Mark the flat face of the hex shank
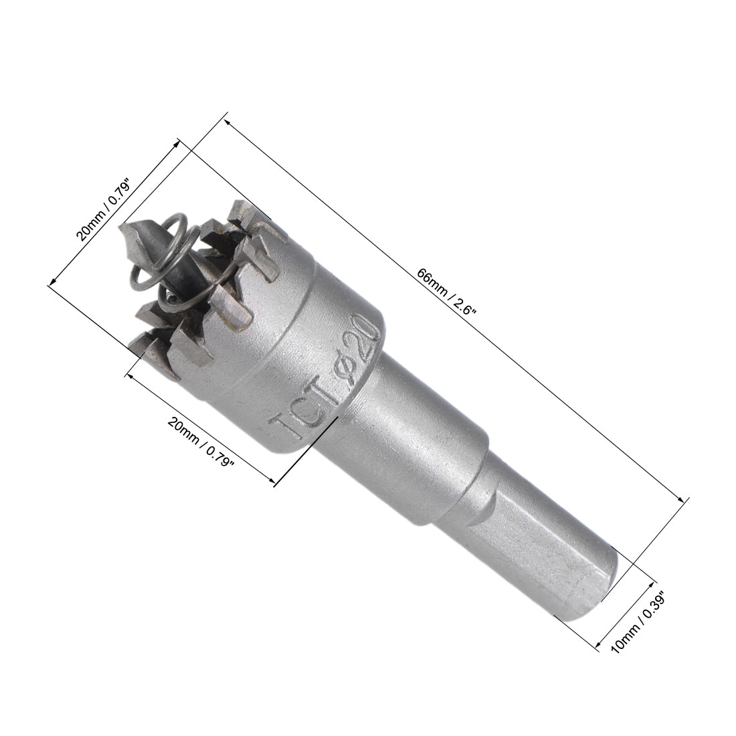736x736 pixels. pyautogui.click(x=529, y=535)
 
